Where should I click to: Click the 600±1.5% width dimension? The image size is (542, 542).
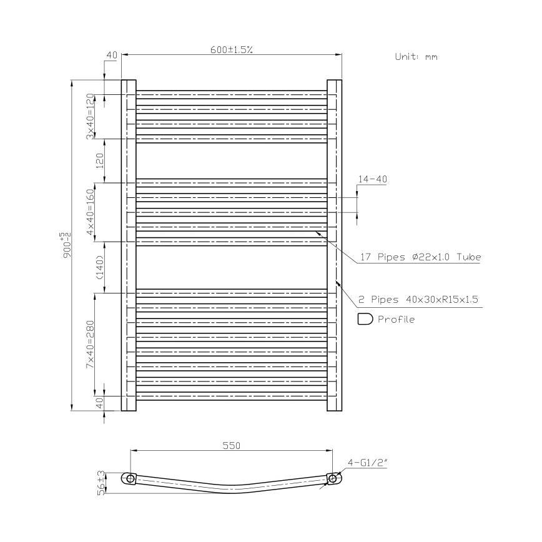(x=231, y=50)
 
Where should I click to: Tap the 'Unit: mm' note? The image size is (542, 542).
(x=416, y=56)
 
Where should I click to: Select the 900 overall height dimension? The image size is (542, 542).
(x=66, y=245)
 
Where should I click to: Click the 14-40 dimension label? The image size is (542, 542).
(x=372, y=179)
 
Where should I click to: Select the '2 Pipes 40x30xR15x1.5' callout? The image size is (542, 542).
(x=418, y=300)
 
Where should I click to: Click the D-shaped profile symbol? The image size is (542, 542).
(x=365, y=319)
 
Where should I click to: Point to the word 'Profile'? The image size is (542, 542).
(x=396, y=319)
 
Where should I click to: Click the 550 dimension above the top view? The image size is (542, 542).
(x=231, y=446)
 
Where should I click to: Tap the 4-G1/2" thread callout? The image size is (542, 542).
(x=368, y=463)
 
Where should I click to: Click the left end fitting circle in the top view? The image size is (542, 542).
(x=130, y=478)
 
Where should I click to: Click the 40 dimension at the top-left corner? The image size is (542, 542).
(x=112, y=56)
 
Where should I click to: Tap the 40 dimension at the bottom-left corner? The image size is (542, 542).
(x=99, y=403)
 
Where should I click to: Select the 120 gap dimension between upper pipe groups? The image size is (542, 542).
(x=99, y=160)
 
